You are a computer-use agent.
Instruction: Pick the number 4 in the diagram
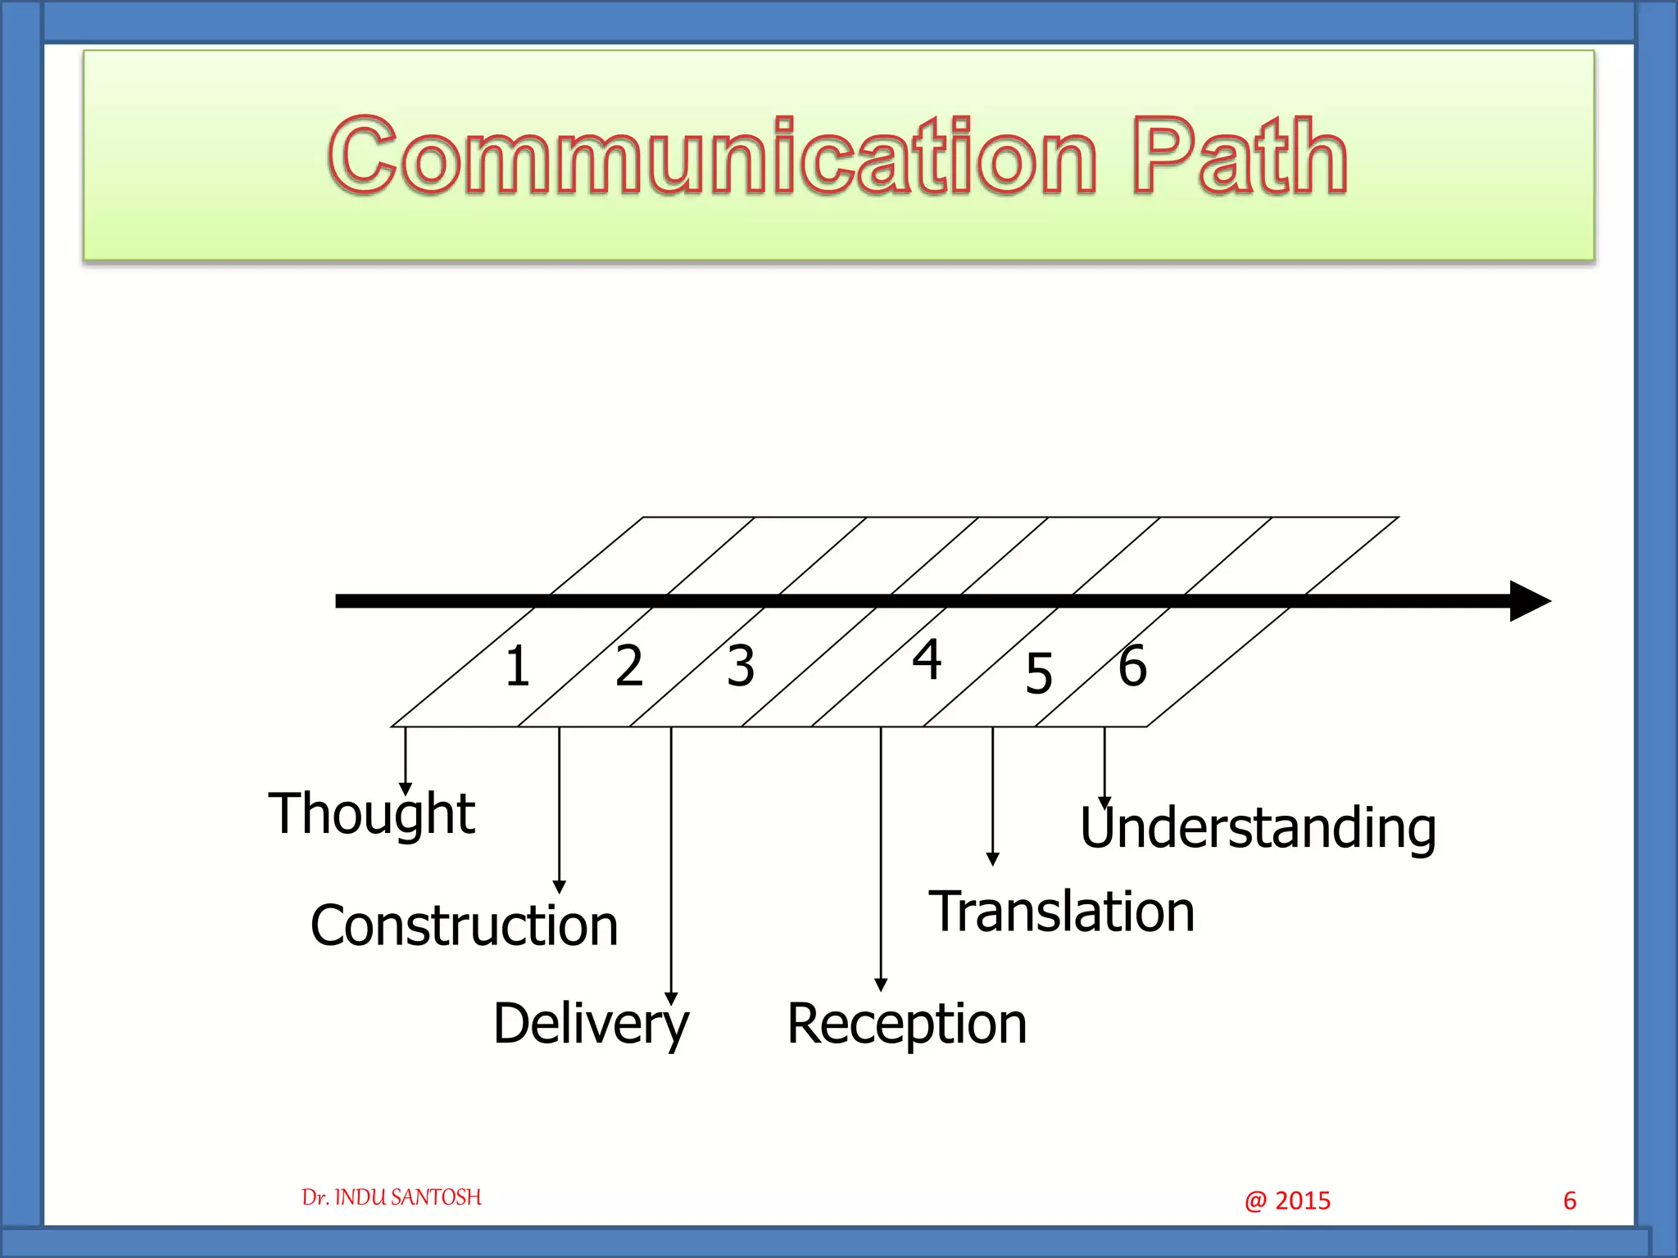click(x=927, y=659)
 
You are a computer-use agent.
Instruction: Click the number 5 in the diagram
click(x=1039, y=674)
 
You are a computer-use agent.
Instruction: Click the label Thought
click(x=372, y=814)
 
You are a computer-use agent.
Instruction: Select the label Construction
click(x=464, y=925)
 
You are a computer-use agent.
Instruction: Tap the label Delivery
click(x=591, y=1024)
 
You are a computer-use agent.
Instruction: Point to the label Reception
click(x=906, y=1024)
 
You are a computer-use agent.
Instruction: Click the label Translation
click(x=1061, y=912)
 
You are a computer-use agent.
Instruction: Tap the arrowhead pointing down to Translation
click(x=992, y=859)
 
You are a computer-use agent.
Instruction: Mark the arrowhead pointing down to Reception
click(x=881, y=984)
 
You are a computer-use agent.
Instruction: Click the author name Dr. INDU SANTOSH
click(x=392, y=1197)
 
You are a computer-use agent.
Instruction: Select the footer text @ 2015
click(x=1287, y=1201)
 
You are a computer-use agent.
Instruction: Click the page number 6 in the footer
click(x=1570, y=1201)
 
